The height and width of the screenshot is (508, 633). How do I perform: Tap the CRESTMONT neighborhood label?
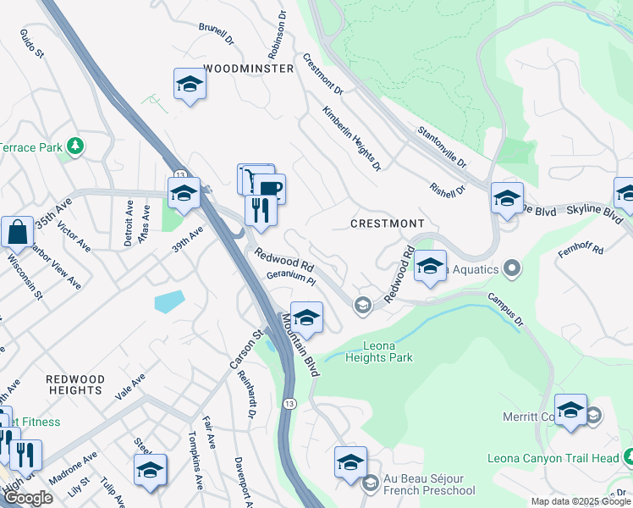pos(388,223)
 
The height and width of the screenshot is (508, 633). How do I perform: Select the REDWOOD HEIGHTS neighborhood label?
pos(75,384)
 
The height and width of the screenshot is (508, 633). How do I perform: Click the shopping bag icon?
pos(17,231)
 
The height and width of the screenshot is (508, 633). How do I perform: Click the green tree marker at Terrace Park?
pos(76,146)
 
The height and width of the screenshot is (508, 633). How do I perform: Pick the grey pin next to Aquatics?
pos(510,269)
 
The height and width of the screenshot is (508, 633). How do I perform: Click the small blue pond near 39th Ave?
pos(169,301)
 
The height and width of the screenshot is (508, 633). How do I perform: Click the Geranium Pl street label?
pos(290,278)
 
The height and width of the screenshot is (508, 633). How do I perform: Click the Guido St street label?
pos(31,40)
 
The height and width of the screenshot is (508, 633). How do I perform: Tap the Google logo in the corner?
pos(28,498)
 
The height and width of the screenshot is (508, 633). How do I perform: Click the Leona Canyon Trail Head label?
pos(553,459)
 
